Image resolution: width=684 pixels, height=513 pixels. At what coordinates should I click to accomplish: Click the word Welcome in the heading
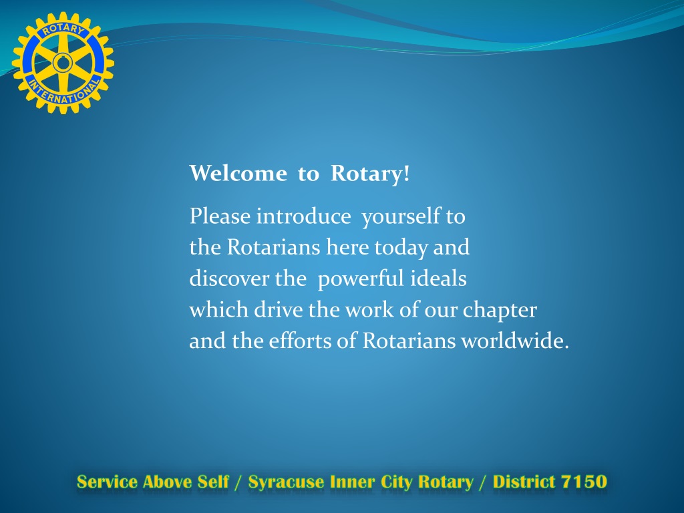tap(238, 173)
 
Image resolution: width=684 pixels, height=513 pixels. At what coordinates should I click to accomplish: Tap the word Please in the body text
tap(220, 216)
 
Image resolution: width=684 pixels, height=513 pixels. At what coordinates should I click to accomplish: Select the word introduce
tap(304, 216)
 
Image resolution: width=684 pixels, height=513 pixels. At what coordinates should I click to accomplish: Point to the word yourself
tap(401, 217)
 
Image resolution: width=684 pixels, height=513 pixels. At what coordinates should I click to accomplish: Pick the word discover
tap(229, 279)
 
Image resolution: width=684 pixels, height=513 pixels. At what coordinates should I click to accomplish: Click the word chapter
tap(500, 310)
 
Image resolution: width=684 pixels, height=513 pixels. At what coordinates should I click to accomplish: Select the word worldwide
tap(515, 341)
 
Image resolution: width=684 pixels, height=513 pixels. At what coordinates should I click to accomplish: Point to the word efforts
tap(300, 341)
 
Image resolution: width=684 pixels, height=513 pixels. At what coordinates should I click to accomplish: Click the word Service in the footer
tap(107, 482)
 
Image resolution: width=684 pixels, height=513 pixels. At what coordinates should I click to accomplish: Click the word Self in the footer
tap(213, 482)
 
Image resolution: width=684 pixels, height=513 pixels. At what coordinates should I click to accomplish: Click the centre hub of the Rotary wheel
tap(63, 63)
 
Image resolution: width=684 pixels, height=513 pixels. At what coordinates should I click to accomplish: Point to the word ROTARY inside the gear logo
tap(63, 29)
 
